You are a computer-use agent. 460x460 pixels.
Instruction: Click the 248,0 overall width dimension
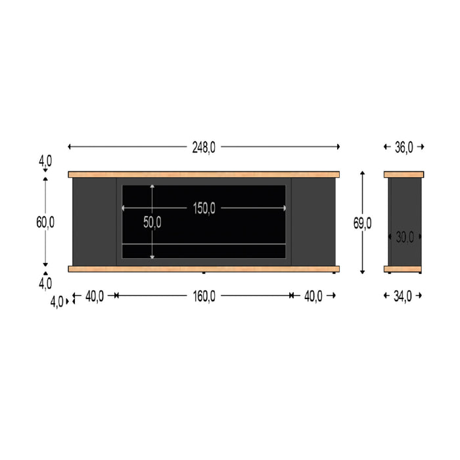(204, 147)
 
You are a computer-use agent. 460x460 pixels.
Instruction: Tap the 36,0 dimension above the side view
(403, 147)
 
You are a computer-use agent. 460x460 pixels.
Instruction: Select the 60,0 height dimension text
(45, 222)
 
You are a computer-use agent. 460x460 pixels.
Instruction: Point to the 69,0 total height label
(363, 223)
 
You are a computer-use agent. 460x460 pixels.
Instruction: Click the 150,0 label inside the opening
(204, 208)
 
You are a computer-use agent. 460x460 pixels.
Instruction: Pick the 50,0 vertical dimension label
(152, 222)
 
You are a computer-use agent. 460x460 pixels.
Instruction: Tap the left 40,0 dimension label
(95, 296)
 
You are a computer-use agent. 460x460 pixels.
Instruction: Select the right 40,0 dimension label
(313, 296)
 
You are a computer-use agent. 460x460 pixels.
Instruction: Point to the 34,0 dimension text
(403, 296)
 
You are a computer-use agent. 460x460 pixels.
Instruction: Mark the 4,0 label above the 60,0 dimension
(45, 160)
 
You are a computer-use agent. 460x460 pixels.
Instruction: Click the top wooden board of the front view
(204, 175)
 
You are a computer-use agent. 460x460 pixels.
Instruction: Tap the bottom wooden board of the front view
(204, 269)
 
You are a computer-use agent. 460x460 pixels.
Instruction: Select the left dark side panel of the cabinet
(95, 221)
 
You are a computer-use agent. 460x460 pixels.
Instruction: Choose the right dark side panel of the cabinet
(313, 221)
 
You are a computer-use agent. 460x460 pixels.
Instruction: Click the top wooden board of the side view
(403, 175)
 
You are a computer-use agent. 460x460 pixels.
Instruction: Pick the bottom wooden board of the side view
(403, 269)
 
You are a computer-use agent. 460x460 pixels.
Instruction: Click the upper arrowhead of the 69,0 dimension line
(363, 173)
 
